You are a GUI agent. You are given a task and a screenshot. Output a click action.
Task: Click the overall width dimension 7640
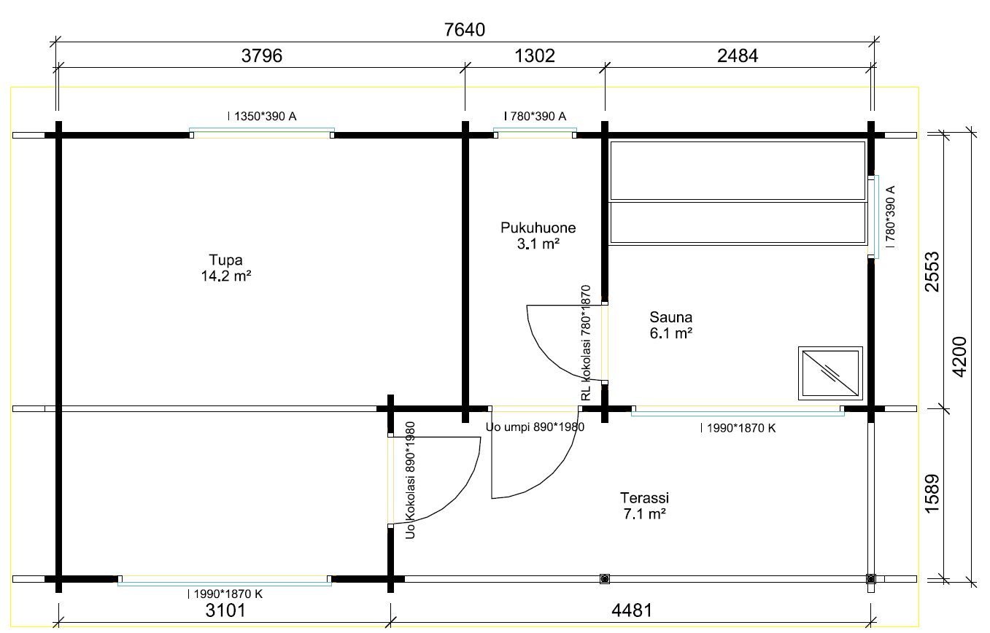click(x=465, y=30)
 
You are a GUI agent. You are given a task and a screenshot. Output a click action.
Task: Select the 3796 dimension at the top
click(x=262, y=55)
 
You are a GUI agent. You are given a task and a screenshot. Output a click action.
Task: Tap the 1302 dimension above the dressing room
click(x=535, y=55)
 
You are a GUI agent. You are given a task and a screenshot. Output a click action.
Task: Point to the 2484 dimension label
click(x=738, y=55)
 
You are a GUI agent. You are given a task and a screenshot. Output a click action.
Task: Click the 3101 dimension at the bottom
click(x=225, y=610)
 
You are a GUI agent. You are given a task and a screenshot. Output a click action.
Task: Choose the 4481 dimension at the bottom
click(x=632, y=610)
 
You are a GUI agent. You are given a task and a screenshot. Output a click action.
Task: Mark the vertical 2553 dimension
click(x=932, y=272)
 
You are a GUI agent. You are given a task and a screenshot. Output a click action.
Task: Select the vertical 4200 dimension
click(x=959, y=357)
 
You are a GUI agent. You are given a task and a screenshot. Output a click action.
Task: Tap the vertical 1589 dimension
click(x=932, y=494)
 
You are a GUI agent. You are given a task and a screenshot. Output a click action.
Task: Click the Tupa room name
click(x=225, y=260)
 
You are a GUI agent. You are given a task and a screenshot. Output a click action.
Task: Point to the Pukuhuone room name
click(x=538, y=228)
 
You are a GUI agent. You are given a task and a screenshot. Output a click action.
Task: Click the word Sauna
click(x=670, y=317)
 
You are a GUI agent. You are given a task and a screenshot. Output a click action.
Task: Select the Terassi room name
click(x=644, y=498)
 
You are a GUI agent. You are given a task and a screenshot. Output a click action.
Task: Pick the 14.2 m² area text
click(x=226, y=276)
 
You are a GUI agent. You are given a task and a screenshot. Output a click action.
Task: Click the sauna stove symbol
click(x=830, y=373)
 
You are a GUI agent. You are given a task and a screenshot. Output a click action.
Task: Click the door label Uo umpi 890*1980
click(x=535, y=427)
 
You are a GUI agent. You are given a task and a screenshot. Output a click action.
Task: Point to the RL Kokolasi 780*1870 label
click(x=586, y=343)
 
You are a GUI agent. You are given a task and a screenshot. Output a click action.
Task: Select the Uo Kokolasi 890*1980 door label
click(x=410, y=480)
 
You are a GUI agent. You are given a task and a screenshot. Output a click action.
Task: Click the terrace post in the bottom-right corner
click(x=870, y=578)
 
